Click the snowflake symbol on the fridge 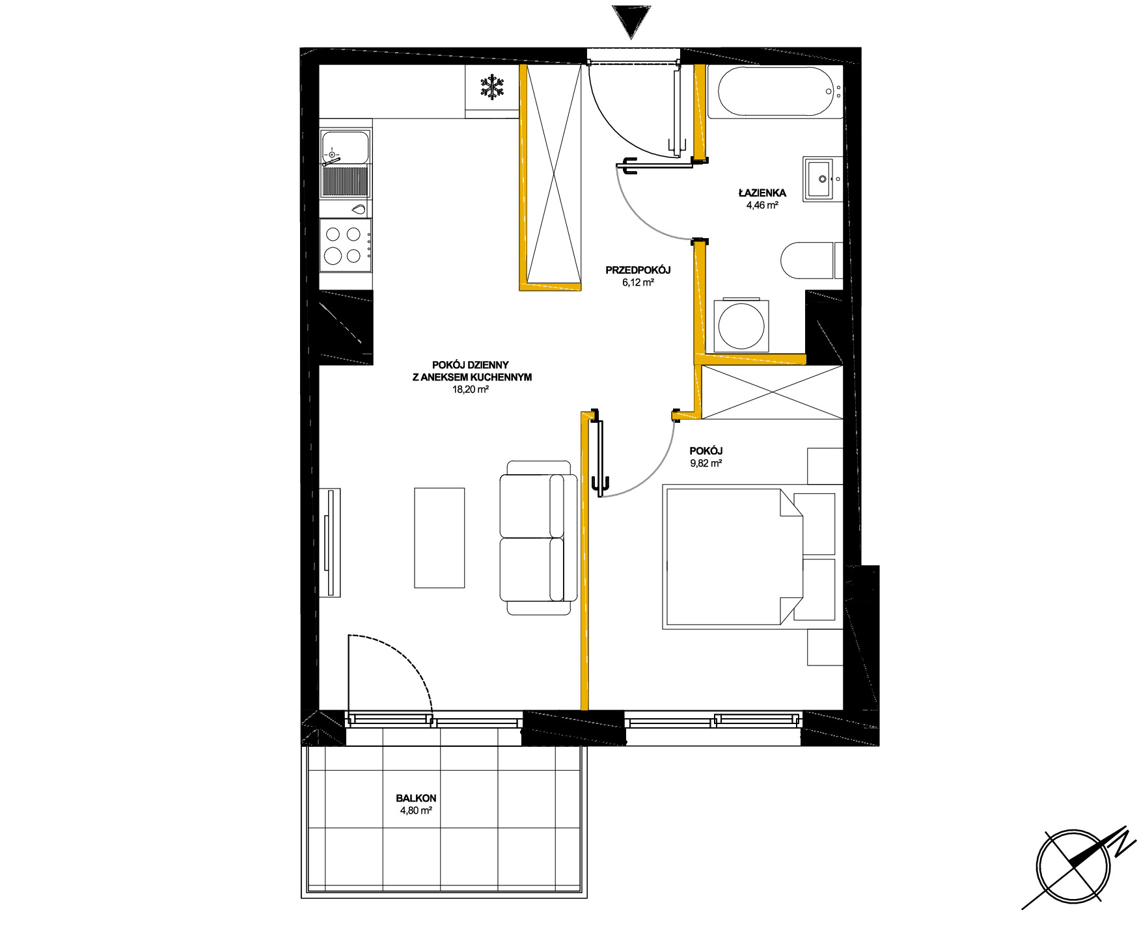click(x=493, y=88)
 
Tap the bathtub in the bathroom click(x=775, y=92)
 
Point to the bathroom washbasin click(x=818, y=179)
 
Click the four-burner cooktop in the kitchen click(x=346, y=245)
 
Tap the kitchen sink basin click(x=346, y=147)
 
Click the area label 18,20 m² click(x=471, y=390)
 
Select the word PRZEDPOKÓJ click(x=638, y=270)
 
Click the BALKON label click(x=416, y=798)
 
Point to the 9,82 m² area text click(x=706, y=463)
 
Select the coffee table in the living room click(x=439, y=538)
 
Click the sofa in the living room click(x=538, y=538)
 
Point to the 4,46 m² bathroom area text click(x=762, y=205)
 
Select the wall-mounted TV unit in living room click(x=330, y=543)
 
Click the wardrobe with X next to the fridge click(x=553, y=176)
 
